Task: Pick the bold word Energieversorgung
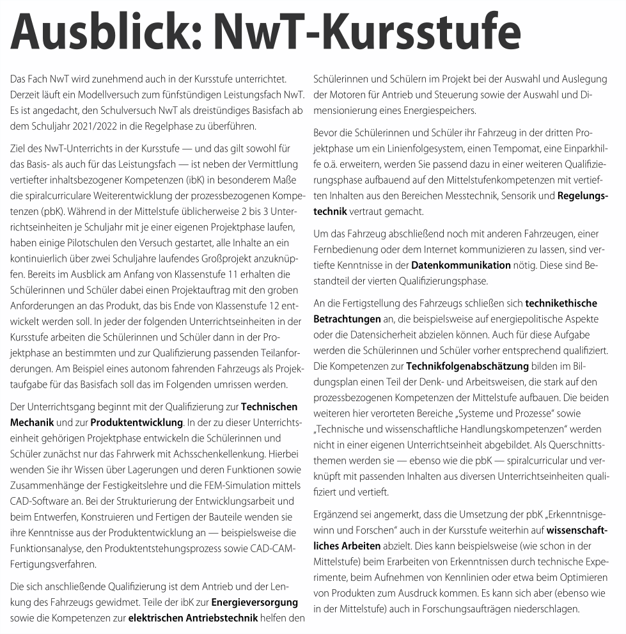point(255,601)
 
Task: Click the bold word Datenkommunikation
point(461,264)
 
